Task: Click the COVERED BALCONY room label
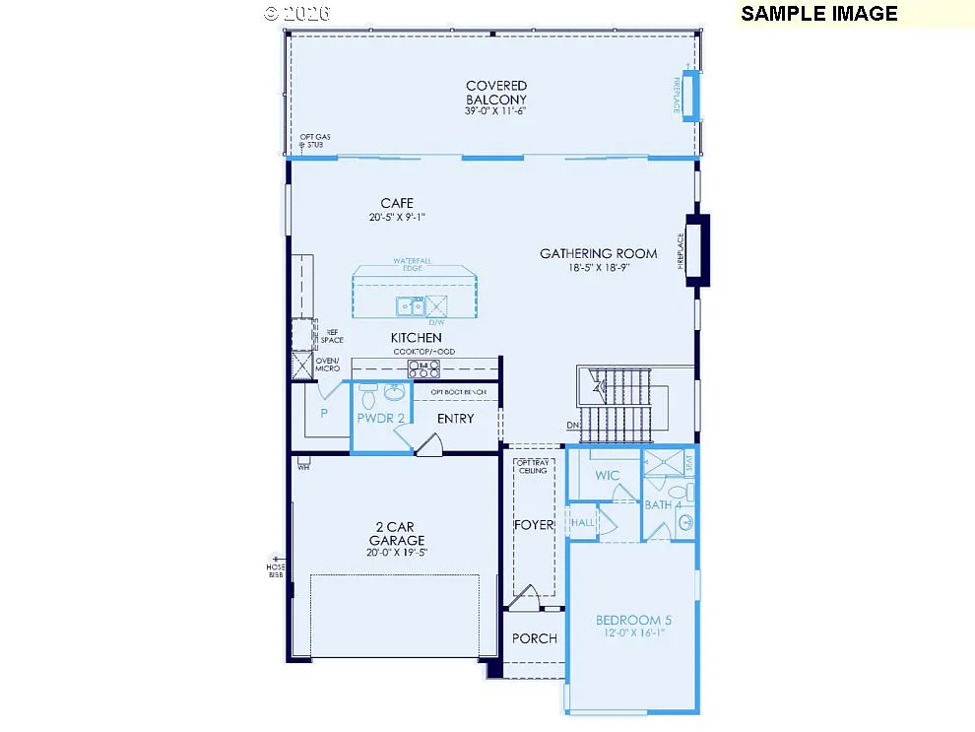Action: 496,93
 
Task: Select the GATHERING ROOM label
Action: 598,253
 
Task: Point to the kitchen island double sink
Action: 410,306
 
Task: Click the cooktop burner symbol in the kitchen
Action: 424,368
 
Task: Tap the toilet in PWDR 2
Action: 368,397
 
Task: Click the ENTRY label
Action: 455,419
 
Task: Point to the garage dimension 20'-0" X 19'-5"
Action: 397,553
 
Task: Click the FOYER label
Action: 534,525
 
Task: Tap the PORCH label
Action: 535,638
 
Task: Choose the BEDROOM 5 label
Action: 633,620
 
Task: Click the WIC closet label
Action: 608,476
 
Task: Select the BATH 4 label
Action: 663,505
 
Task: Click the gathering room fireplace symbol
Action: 697,250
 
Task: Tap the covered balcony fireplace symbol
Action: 691,96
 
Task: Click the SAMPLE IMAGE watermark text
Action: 819,14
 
